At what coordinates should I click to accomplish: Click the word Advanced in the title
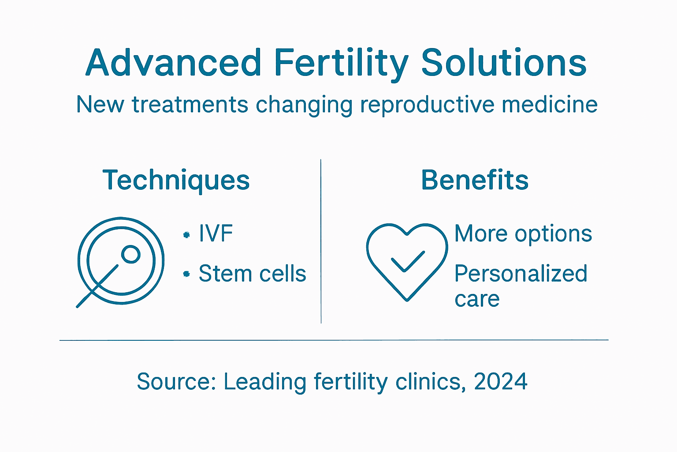(174, 63)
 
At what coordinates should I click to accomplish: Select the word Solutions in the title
(503, 63)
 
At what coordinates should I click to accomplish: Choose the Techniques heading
(176, 181)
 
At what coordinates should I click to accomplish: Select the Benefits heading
(475, 180)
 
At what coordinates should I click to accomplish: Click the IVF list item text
(216, 234)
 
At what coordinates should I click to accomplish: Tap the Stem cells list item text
(252, 274)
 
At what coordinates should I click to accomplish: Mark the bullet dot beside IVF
(186, 235)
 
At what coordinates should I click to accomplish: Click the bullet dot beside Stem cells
(186, 274)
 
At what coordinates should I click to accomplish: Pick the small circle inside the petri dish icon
(130, 254)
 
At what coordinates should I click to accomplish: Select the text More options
(523, 234)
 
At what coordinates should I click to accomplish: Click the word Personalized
(521, 274)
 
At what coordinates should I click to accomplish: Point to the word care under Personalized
(477, 299)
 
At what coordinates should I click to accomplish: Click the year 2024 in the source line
(501, 381)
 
